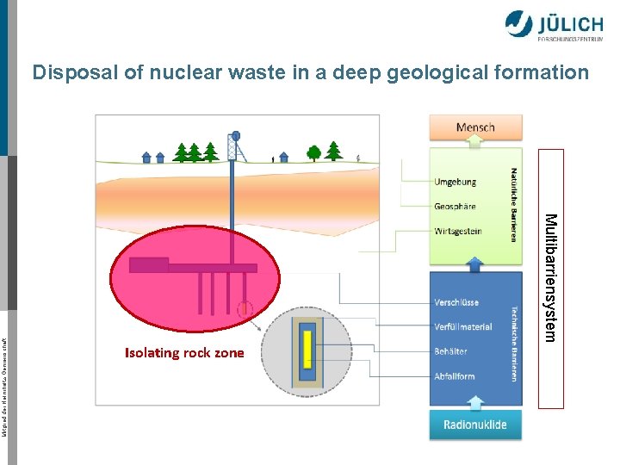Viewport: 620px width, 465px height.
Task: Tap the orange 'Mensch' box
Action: [475, 127]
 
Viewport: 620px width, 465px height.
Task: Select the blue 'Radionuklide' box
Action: [475, 424]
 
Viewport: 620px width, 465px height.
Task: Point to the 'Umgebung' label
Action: [455, 182]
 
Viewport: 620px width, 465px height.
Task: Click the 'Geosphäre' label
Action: [455, 206]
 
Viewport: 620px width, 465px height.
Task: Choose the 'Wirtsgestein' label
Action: [458, 231]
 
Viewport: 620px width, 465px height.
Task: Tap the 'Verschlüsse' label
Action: [456, 302]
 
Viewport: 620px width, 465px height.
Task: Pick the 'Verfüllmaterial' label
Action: [463, 326]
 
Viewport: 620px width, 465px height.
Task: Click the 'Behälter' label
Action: [451, 351]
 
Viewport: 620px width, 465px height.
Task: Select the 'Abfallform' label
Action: [455, 376]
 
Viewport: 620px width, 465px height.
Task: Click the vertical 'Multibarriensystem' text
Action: [551, 277]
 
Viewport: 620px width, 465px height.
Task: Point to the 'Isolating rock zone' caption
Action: [184, 352]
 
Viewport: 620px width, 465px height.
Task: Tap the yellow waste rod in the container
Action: [307, 350]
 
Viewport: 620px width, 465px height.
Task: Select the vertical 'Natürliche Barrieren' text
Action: [514, 204]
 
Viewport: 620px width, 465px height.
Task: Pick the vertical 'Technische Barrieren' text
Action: [514, 344]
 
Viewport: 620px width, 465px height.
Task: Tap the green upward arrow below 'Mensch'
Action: [475, 150]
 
